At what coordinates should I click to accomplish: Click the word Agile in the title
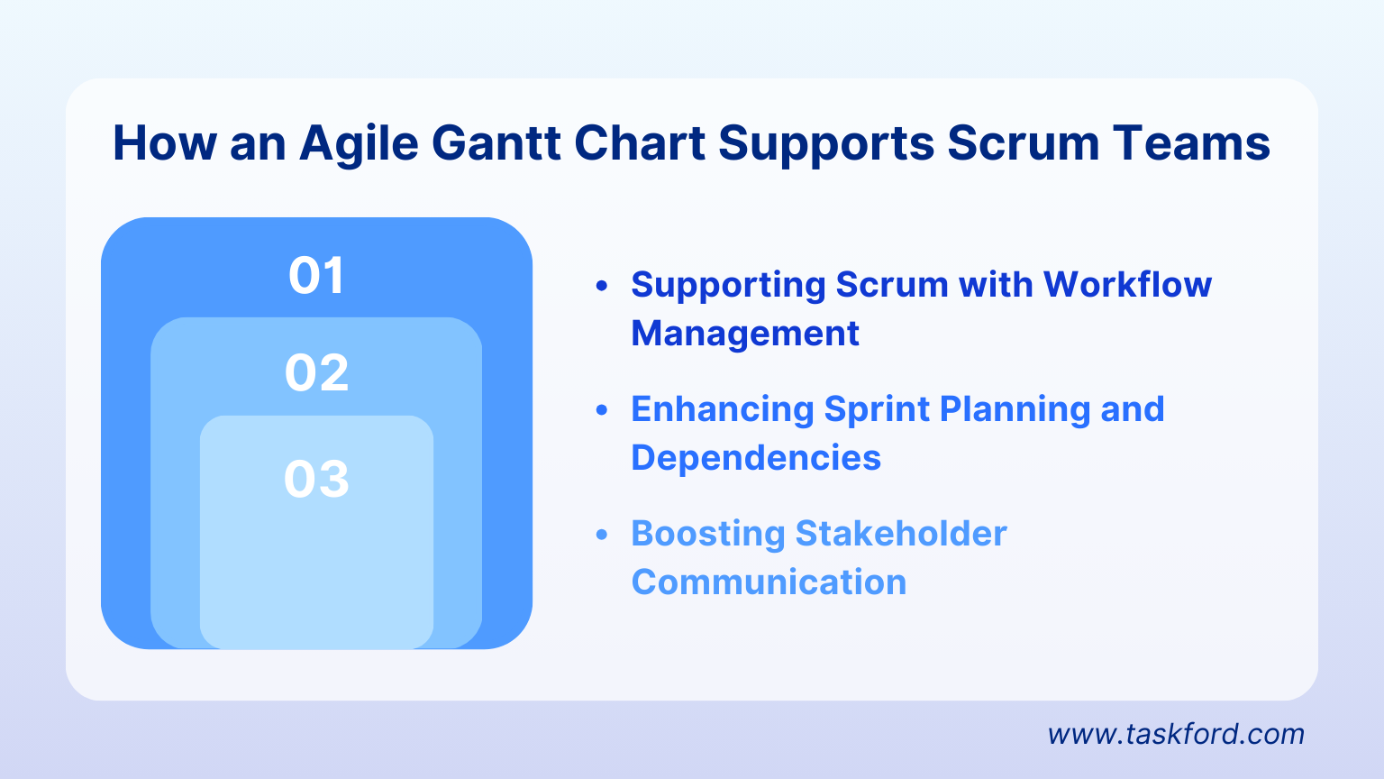pos(359,144)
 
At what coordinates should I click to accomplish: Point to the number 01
pos(316,276)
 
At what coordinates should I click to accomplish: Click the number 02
pos(316,373)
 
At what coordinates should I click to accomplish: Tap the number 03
pos(316,480)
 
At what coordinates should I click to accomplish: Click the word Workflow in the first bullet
pos(1127,285)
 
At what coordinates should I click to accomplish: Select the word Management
pos(745,334)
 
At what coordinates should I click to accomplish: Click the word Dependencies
pos(756,458)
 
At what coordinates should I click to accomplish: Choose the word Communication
pos(769,582)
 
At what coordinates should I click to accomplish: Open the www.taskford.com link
pos(1176,734)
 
